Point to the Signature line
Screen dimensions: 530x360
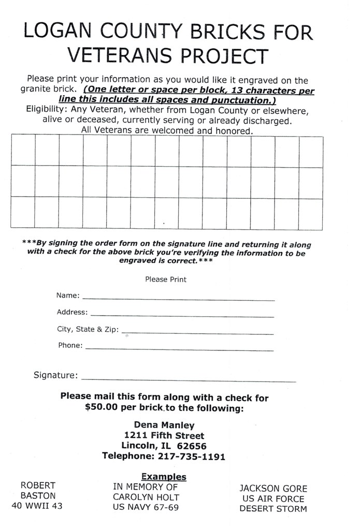tap(189, 380)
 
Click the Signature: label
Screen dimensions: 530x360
tap(55, 375)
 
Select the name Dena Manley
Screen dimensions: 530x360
tap(164, 425)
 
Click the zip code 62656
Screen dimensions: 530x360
tap(192, 446)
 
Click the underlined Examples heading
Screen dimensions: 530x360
tap(164, 477)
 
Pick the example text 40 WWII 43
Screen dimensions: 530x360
tap(37, 506)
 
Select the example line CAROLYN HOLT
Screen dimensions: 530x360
tap(146, 497)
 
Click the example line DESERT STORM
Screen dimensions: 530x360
tap(273, 509)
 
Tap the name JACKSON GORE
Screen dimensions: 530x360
tap(273, 488)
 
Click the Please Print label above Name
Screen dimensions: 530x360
tap(166, 279)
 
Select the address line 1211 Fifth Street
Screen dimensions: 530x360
tap(164, 435)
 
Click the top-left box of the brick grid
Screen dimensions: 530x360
tap(22, 151)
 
